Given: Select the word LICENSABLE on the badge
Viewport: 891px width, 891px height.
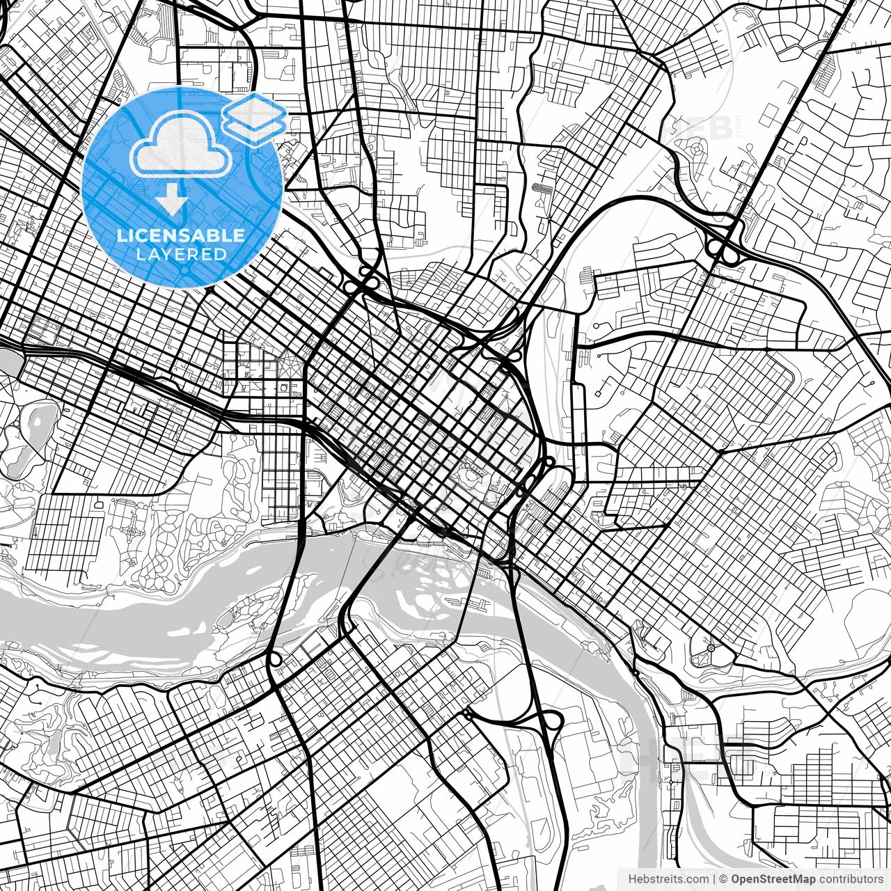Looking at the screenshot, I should (181, 235).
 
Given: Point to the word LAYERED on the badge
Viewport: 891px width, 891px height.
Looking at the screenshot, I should (181, 255).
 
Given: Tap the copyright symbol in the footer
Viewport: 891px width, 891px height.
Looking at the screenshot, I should (724, 878).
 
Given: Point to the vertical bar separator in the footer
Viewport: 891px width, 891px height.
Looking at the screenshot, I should (715, 878).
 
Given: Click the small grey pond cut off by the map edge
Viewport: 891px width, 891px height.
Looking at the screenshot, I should (8, 361).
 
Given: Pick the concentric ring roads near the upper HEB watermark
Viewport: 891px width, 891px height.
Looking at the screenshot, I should (697, 148).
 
